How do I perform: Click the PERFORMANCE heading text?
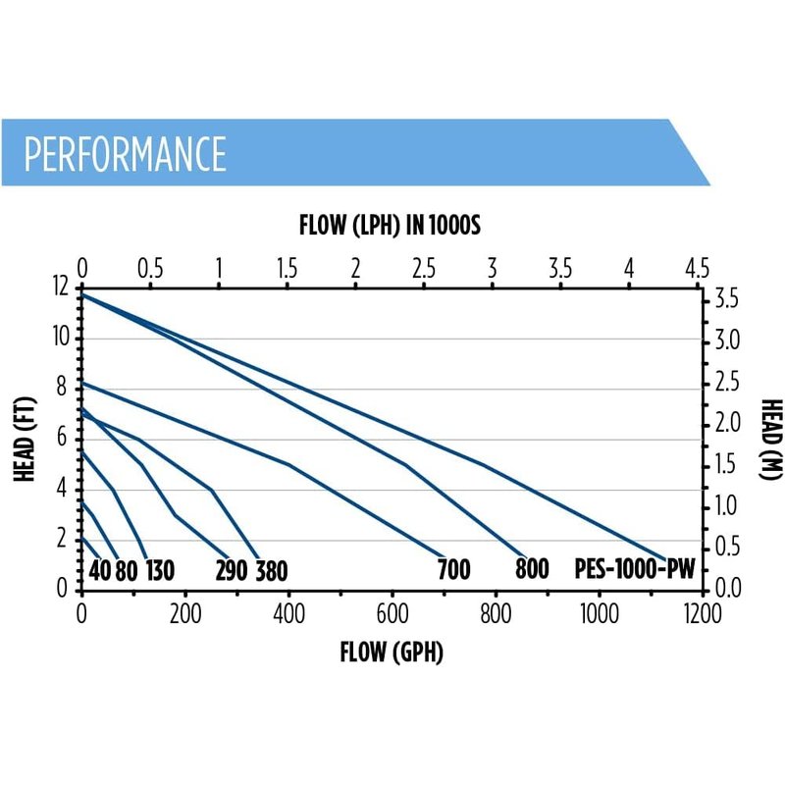[125, 153]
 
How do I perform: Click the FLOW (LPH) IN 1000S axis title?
[389, 227]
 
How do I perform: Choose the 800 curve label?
[531, 570]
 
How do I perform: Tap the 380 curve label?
[272, 570]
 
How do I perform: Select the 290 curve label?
[231, 570]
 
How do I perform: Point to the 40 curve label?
[99, 570]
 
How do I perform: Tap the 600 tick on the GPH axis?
[392, 613]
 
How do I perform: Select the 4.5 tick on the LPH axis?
[698, 268]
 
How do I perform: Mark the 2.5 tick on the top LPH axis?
[424, 268]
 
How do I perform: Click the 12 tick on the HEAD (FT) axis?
[62, 288]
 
